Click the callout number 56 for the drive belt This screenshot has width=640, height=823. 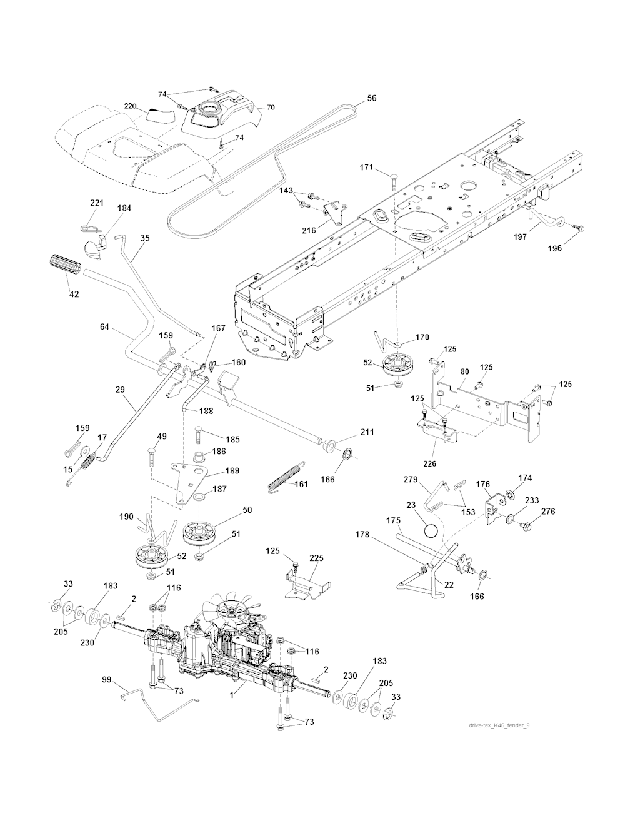click(372, 98)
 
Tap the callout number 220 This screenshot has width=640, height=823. click(130, 106)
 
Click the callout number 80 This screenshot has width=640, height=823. click(464, 371)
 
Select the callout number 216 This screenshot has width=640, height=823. click(309, 230)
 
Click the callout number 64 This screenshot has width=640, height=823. click(105, 327)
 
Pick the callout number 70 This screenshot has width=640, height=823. click(270, 107)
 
